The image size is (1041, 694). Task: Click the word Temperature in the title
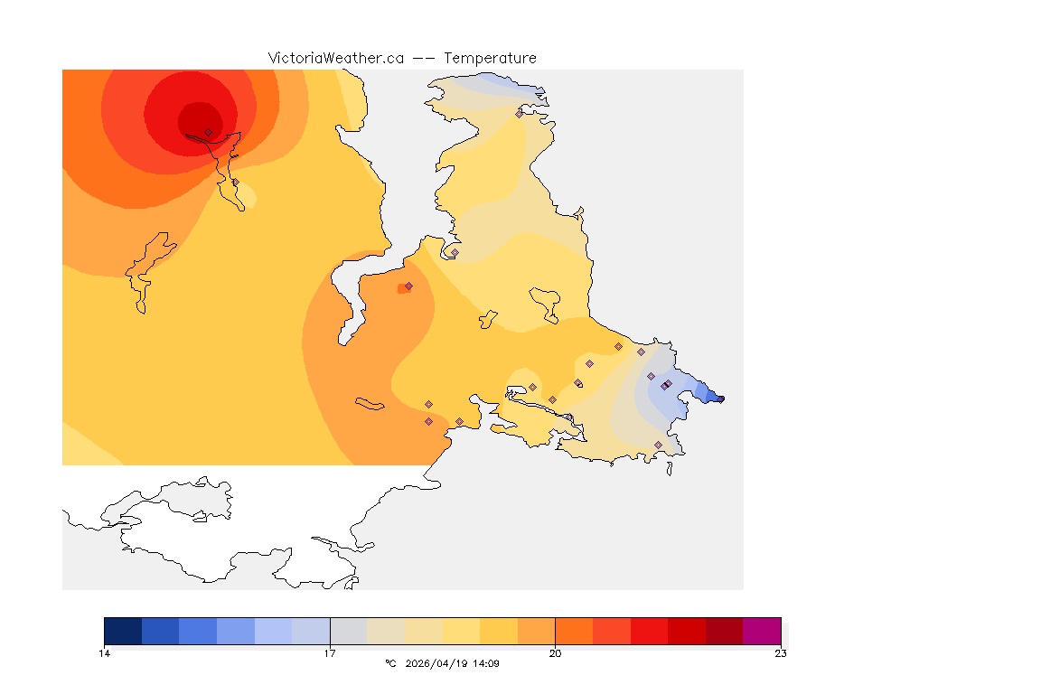click(490, 59)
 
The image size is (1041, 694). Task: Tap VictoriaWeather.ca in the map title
click(335, 59)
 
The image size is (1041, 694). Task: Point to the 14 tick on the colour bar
click(105, 652)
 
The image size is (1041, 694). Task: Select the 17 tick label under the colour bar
click(330, 652)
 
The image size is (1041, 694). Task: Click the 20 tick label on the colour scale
click(555, 652)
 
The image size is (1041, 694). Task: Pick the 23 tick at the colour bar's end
click(780, 652)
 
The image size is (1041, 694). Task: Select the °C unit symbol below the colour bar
click(390, 664)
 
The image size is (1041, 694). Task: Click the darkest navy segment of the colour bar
click(123, 631)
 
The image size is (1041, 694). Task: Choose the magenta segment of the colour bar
click(761, 631)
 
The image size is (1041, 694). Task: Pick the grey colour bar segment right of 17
click(348, 631)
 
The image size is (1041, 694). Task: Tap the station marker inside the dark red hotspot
click(208, 132)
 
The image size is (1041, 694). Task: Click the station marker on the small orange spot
click(408, 286)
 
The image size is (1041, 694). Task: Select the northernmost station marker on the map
click(519, 114)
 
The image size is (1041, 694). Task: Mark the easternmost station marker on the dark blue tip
click(720, 399)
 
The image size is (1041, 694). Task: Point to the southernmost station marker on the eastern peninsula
click(658, 445)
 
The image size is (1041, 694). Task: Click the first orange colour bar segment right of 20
click(573, 631)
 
